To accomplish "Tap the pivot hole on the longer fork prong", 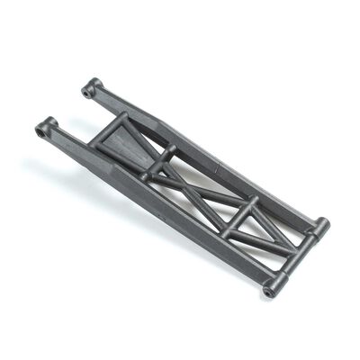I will [x=41, y=132].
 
